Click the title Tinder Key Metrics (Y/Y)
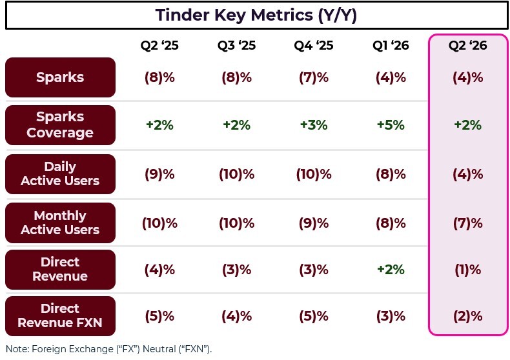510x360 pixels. (x=256, y=15)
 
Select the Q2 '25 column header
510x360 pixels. (x=159, y=46)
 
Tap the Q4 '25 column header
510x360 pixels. (x=314, y=46)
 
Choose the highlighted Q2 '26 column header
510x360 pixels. (x=468, y=46)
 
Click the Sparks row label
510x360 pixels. (x=60, y=77)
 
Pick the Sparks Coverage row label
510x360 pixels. (x=60, y=125)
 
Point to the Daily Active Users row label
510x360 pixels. (x=60, y=174)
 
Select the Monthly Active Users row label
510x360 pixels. (x=60, y=223)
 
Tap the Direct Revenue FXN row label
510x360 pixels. (x=60, y=316)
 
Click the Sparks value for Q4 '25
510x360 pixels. (x=314, y=77)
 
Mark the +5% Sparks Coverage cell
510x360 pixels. (x=391, y=125)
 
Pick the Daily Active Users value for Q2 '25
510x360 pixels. (x=159, y=174)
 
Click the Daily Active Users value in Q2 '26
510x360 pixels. (x=468, y=174)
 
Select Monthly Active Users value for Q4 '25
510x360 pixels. (x=314, y=223)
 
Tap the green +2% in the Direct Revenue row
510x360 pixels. (x=391, y=270)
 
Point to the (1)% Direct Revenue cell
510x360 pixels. (x=468, y=270)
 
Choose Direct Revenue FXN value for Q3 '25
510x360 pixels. (x=236, y=317)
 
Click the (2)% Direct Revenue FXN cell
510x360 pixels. (x=468, y=317)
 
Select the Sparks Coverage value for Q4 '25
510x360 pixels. (x=314, y=125)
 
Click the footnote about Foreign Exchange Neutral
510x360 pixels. (x=108, y=349)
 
